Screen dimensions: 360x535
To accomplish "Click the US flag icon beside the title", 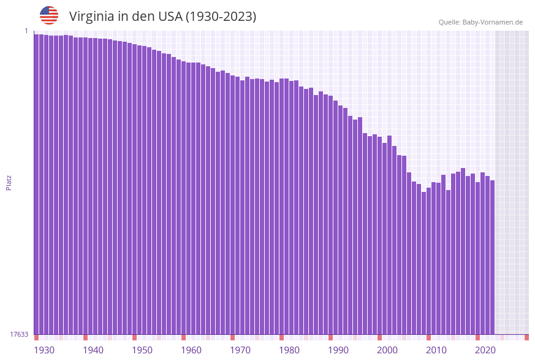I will pyautogui.click(x=49, y=15).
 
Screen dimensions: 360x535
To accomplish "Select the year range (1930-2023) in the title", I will pyautogui.click(x=221, y=17).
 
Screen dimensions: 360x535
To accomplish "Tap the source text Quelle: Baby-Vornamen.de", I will pyautogui.click(x=480, y=22).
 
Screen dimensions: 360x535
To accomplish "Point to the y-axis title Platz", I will pyautogui.click(x=9, y=182).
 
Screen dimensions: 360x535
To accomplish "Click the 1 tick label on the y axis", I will pyautogui.click(x=26, y=31).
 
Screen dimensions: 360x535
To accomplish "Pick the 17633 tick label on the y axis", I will pyautogui.click(x=19, y=334).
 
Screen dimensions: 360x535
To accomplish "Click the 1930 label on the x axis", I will pyautogui.click(x=44, y=350).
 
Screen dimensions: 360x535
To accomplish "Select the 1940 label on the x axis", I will pyautogui.click(x=93, y=350).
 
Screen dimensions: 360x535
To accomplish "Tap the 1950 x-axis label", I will pyautogui.click(x=142, y=350).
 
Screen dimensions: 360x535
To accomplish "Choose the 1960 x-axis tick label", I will pyautogui.click(x=191, y=350).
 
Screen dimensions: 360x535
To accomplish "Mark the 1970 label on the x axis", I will pyautogui.click(x=240, y=350).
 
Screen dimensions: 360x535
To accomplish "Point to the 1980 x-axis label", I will pyautogui.click(x=289, y=350).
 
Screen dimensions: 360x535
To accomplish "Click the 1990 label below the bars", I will pyautogui.click(x=338, y=350).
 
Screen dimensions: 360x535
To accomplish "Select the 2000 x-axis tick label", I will pyautogui.click(x=387, y=350).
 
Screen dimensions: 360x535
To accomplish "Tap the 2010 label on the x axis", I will pyautogui.click(x=436, y=350).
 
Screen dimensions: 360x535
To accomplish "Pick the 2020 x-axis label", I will pyautogui.click(x=485, y=350).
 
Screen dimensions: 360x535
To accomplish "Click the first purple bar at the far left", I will pyautogui.click(x=36, y=184).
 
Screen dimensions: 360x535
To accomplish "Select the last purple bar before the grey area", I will pyautogui.click(x=492, y=258).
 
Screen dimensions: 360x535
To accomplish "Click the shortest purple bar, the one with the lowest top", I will pyautogui.click(x=423, y=264).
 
